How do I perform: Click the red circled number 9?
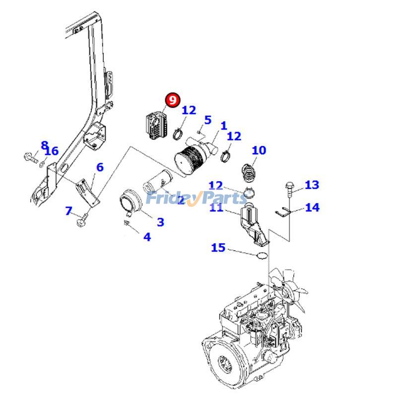[172, 100]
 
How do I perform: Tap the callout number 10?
[259, 150]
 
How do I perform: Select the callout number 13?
[312, 185]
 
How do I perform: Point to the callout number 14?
[312, 207]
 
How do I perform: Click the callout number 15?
[218, 247]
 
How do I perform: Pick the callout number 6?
[100, 167]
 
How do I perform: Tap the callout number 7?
[69, 211]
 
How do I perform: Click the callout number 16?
[52, 151]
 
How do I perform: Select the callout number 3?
[160, 222]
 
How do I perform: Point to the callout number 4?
[147, 237]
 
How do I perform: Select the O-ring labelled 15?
[262, 256]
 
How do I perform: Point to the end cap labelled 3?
[132, 203]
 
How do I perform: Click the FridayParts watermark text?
[196, 198]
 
